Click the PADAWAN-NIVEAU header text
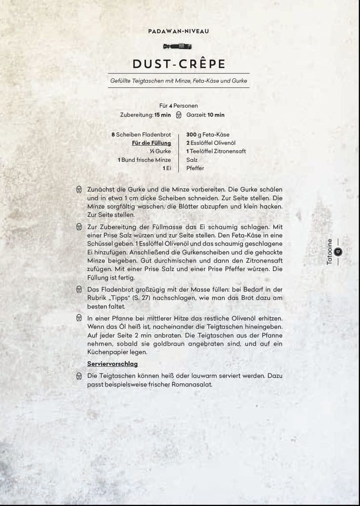[x=179, y=31]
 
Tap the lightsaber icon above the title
[x=179, y=47]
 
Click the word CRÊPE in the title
[x=198, y=64]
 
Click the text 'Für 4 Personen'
[x=178, y=105]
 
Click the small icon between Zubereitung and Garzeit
[x=178, y=115]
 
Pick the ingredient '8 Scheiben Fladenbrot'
[x=141, y=135]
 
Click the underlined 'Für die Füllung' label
[x=151, y=143]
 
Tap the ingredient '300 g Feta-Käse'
[x=208, y=135]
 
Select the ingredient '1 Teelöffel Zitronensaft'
[x=216, y=151]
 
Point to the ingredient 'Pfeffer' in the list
[x=195, y=168]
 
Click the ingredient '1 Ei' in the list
[x=167, y=168]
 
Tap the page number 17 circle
[x=338, y=251]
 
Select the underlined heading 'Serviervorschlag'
[x=112, y=364]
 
